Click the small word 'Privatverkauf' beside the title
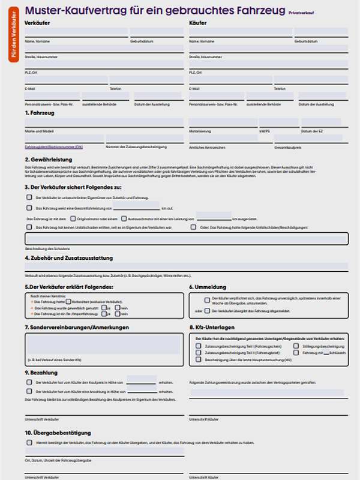(301, 12)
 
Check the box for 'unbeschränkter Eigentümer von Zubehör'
(29, 197)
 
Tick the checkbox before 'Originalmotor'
(73, 218)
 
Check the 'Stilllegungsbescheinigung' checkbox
(296, 346)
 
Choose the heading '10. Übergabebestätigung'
(58, 432)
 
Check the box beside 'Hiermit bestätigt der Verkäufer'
(29, 443)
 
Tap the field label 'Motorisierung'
(200, 131)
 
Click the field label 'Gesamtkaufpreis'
(287, 147)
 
